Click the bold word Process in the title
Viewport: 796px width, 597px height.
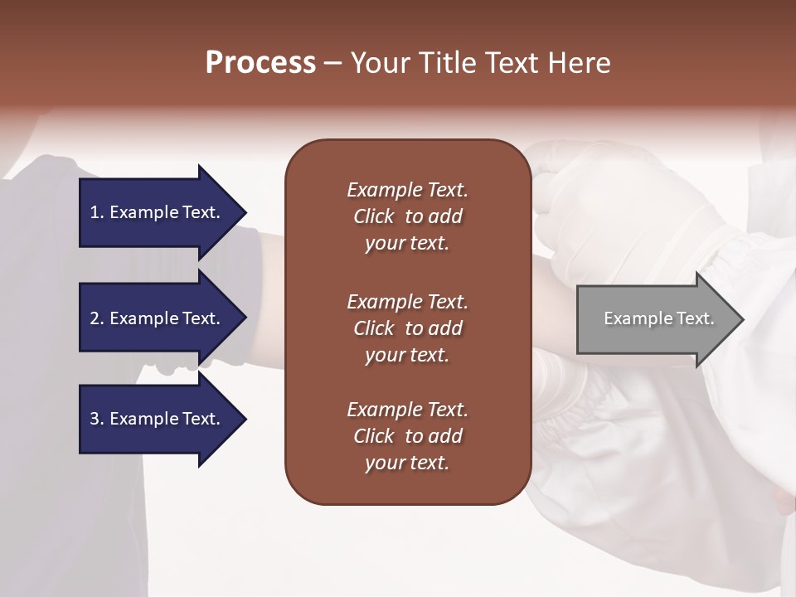(x=260, y=62)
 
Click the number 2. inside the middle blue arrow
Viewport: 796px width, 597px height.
(x=97, y=318)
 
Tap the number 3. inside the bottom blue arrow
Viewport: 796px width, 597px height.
(x=97, y=419)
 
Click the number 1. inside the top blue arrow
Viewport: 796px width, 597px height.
(x=97, y=212)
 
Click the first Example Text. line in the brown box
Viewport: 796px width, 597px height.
(x=407, y=190)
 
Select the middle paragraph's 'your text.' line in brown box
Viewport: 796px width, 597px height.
(x=407, y=355)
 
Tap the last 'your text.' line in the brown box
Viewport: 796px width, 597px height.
(x=407, y=464)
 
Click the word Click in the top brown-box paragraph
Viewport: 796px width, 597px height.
(x=373, y=216)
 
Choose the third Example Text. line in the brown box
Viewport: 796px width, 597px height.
(x=407, y=410)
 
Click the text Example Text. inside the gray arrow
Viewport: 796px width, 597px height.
(x=658, y=318)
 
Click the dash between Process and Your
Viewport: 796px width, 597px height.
(x=332, y=64)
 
